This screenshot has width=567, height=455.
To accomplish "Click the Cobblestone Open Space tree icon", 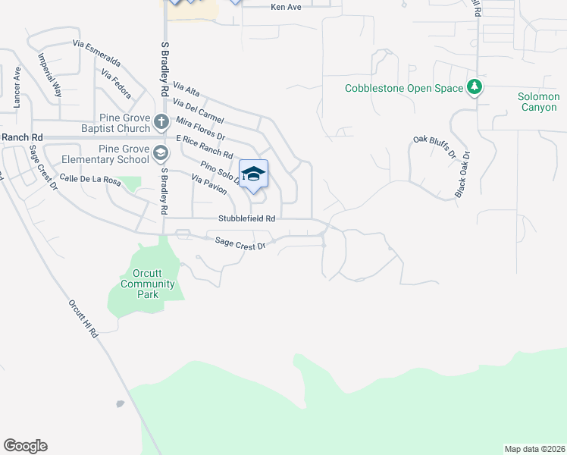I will point(475,88).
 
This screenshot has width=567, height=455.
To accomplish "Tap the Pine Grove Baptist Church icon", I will point(161,121).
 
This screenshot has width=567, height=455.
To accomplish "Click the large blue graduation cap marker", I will point(253,174).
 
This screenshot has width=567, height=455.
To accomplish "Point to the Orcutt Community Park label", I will point(148,284).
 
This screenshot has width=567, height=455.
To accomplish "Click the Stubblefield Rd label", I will point(246,218).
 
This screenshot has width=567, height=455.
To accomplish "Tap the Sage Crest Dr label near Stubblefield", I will point(240,243).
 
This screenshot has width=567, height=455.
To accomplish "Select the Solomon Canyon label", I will point(538,102).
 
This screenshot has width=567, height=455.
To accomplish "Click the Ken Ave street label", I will point(287,7).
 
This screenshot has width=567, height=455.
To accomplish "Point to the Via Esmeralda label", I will point(96,52).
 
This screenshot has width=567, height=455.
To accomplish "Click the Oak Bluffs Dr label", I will point(434,146).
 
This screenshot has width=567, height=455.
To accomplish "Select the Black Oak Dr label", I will point(462,175).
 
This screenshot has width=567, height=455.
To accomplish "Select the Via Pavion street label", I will point(209,185).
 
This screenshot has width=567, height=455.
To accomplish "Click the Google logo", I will point(25,446).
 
